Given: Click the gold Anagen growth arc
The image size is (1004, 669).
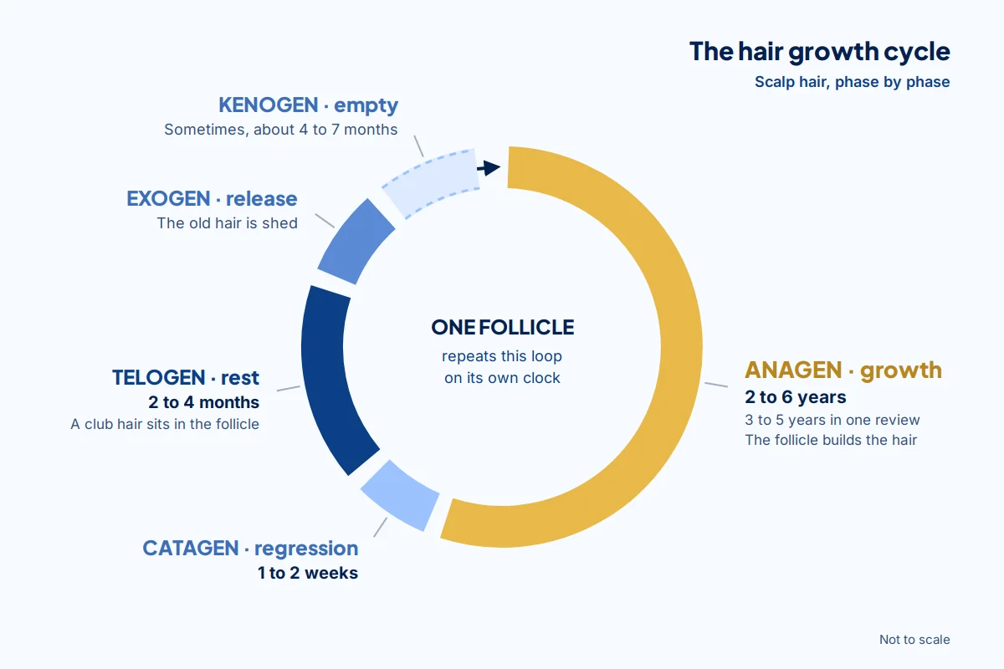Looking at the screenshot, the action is tap(681, 347).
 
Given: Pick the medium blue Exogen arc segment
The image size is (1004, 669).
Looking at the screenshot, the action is tap(356, 242).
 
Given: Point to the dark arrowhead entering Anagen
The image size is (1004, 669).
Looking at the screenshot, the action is tap(491, 168).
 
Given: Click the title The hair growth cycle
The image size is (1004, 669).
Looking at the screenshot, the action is tap(819, 52).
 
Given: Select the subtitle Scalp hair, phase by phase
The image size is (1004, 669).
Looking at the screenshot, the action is tap(852, 82).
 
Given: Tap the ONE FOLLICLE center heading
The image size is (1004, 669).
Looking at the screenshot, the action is tap(503, 327).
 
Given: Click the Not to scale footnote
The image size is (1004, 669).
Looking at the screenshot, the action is tap(914, 640).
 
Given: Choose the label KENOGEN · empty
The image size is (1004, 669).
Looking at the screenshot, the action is tap(308, 105).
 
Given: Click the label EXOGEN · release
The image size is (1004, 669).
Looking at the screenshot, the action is tap(212, 199).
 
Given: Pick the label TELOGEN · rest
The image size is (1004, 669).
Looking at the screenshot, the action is tap(186, 378).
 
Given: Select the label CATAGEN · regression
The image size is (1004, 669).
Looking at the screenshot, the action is tap(250, 549).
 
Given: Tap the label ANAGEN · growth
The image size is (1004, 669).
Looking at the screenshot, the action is tap(843, 370).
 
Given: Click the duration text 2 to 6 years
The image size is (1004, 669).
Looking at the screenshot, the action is tap(795, 397).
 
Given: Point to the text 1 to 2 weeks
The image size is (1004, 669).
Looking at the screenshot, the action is tap(308, 573).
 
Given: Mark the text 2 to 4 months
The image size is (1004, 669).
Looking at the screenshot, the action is tap(203, 402).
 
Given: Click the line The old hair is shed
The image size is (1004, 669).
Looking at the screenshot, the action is tap(227, 223).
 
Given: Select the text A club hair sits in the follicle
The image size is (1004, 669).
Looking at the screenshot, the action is tap(165, 424).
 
